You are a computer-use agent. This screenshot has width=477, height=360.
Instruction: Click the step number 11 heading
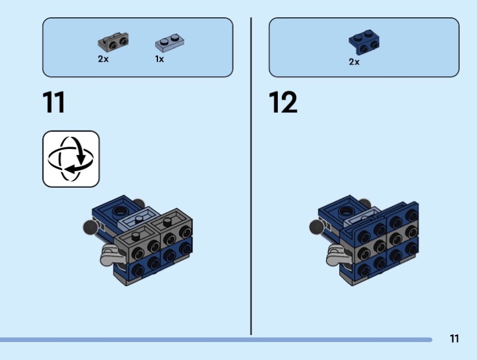click(54, 103)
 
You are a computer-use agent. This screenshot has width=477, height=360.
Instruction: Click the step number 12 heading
click(283, 103)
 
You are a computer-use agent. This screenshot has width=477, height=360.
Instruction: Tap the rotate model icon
click(71, 159)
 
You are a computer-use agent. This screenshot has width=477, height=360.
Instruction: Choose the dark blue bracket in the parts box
click(364, 41)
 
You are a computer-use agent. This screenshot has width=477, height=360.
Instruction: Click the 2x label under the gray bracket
click(103, 60)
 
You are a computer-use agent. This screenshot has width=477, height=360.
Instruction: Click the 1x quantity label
click(159, 60)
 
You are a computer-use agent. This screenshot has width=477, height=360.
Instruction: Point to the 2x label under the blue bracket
click(354, 61)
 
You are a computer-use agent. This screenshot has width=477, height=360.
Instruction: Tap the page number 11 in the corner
click(454, 339)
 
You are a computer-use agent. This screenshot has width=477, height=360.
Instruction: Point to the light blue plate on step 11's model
click(137, 220)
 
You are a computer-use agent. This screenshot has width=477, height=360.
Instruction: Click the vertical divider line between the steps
click(251, 179)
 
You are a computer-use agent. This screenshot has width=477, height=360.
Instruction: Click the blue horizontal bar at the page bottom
click(215, 340)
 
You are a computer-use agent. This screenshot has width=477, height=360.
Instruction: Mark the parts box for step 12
click(364, 48)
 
